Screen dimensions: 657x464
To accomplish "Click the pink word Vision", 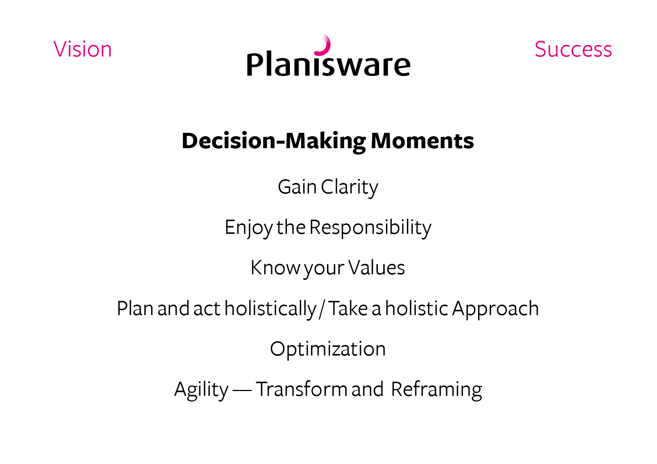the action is (83, 49).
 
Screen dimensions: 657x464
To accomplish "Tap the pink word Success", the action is (573, 49).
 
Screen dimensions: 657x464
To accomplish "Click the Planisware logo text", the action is (328, 65).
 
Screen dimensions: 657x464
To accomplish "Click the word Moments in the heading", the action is (422, 141).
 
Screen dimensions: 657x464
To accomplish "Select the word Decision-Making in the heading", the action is (274, 141).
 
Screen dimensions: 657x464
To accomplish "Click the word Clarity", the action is (349, 187).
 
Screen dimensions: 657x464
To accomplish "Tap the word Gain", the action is (297, 187).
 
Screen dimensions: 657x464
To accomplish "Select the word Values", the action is (376, 268).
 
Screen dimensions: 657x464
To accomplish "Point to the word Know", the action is (275, 268).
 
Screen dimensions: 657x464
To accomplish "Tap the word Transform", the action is (302, 389).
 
